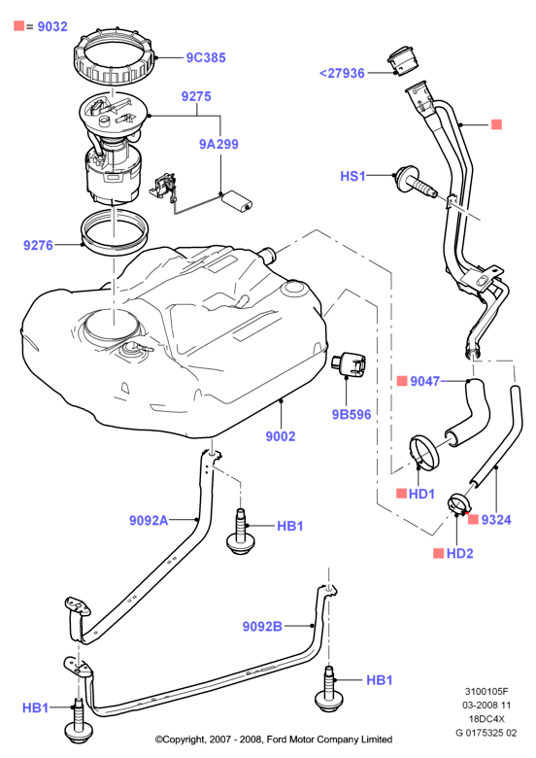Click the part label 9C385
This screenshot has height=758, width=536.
(x=206, y=57)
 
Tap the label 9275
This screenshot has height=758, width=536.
(x=196, y=96)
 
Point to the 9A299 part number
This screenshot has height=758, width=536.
(x=218, y=144)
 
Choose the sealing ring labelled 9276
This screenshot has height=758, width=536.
(x=115, y=234)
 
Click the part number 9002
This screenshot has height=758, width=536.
(x=281, y=436)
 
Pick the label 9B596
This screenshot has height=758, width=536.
(x=352, y=414)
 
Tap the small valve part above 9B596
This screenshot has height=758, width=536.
(x=349, y=362)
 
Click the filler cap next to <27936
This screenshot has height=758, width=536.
(x=402, y=61)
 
